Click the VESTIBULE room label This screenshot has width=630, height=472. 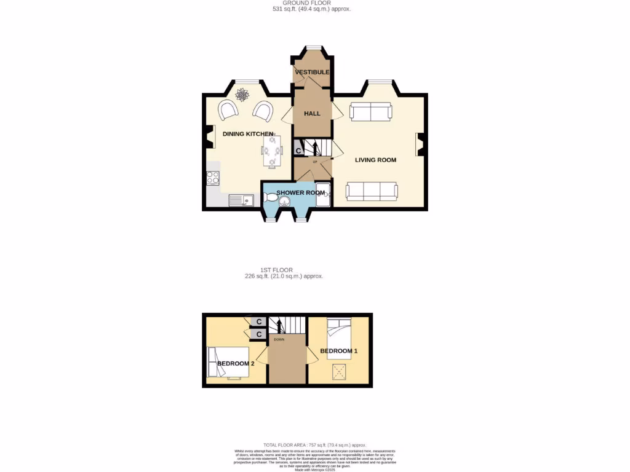pos(312,73)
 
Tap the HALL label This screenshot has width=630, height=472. pos(312,114)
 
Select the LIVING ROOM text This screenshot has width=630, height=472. pos(375,160)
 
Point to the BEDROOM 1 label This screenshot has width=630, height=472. pos(338,351)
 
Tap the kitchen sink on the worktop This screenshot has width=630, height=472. pos(240,200)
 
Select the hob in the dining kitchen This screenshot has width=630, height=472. pos(213,178)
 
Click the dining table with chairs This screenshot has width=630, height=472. pos(271,151)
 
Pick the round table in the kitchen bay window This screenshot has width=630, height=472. pos(242,95)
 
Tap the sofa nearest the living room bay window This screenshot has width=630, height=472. pos(370,112)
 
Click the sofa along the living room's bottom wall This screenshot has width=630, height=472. pos(372,191)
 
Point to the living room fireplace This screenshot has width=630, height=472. pos(420,144)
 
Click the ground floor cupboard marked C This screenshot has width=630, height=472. pos(298,150)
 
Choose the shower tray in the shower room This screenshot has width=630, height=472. pos(323,194)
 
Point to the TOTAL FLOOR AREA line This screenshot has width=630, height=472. pos(314,445)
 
